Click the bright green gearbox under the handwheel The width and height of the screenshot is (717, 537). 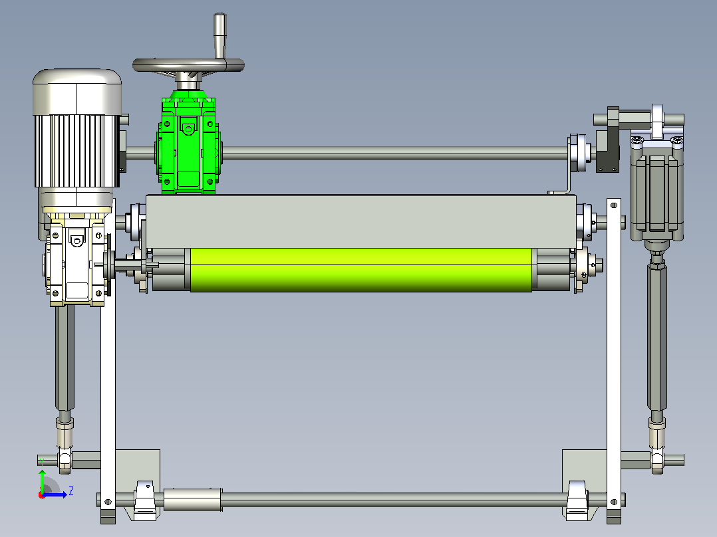[188, 144]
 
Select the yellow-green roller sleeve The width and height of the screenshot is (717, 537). [361, 270]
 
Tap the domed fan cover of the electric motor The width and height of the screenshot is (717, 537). [77, 92]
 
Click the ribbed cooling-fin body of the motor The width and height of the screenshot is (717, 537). [77, 151]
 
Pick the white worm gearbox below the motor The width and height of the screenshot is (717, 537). [76, 261]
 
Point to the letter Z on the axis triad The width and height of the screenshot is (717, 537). [71, 491]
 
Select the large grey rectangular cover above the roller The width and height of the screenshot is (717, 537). [360, 222]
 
